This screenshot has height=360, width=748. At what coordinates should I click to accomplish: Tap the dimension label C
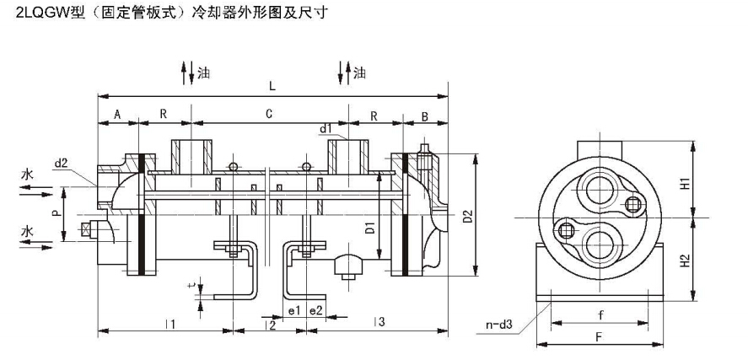267,114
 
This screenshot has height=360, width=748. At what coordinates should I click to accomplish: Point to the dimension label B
425,114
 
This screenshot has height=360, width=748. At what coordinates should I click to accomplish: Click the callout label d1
325,128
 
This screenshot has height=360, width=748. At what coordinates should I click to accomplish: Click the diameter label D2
469,216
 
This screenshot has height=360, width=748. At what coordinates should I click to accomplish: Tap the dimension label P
57,215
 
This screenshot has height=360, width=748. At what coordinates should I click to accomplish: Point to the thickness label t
191,287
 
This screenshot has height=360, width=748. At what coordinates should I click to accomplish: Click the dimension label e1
294,310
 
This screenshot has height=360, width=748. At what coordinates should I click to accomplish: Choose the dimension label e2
315,310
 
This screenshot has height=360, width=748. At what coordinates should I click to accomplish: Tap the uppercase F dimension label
598,337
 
